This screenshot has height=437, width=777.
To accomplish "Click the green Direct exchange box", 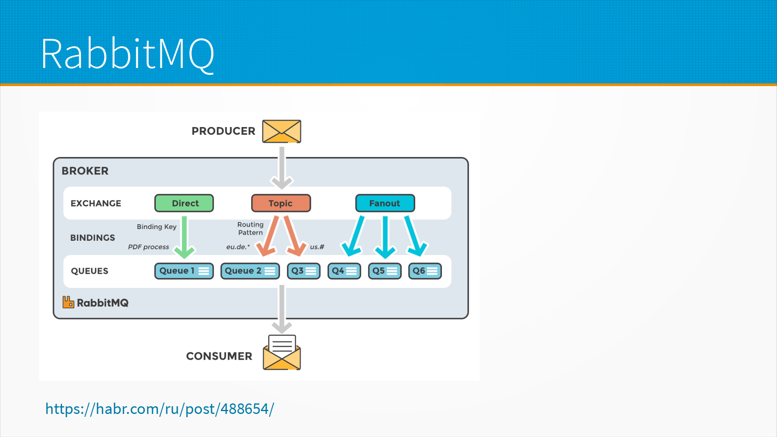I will pos(184,203).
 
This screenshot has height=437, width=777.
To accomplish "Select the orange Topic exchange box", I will pos(281,203).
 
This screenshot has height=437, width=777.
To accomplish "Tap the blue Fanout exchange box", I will pos(385,203).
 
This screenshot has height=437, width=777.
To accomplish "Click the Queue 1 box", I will pos(184,271).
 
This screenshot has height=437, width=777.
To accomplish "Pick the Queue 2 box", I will pos(250,271).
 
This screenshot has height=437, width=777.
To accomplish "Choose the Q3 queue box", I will pos(304,271).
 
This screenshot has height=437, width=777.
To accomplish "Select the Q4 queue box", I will pos(344,271).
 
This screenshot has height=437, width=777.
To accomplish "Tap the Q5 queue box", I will pos(384,271).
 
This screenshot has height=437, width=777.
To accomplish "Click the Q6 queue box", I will pos(425,271).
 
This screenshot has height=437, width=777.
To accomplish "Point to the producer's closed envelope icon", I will pos(282,131).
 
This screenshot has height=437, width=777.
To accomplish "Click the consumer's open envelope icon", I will pos(282,353).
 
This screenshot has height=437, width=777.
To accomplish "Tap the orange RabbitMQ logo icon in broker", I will pos(68,302).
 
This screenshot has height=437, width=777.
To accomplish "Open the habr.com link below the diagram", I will pos(159,409).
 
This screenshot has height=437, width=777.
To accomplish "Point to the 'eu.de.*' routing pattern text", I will pos(238,247).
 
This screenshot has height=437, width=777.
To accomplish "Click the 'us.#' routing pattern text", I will pos(317,247).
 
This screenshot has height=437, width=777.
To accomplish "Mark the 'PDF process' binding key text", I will pos(149,247).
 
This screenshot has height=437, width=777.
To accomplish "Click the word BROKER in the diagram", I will pos(85,171).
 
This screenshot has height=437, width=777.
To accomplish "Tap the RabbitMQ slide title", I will pos(128,54).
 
